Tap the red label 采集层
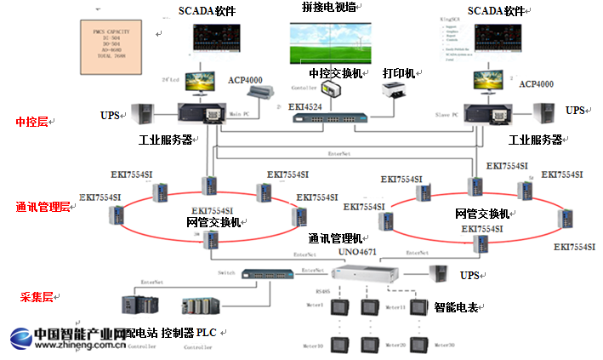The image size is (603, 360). [36, 297]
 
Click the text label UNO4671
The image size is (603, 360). [356, 252]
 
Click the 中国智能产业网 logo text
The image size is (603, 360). [66, 333]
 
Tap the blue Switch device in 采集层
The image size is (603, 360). [269, 275]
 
